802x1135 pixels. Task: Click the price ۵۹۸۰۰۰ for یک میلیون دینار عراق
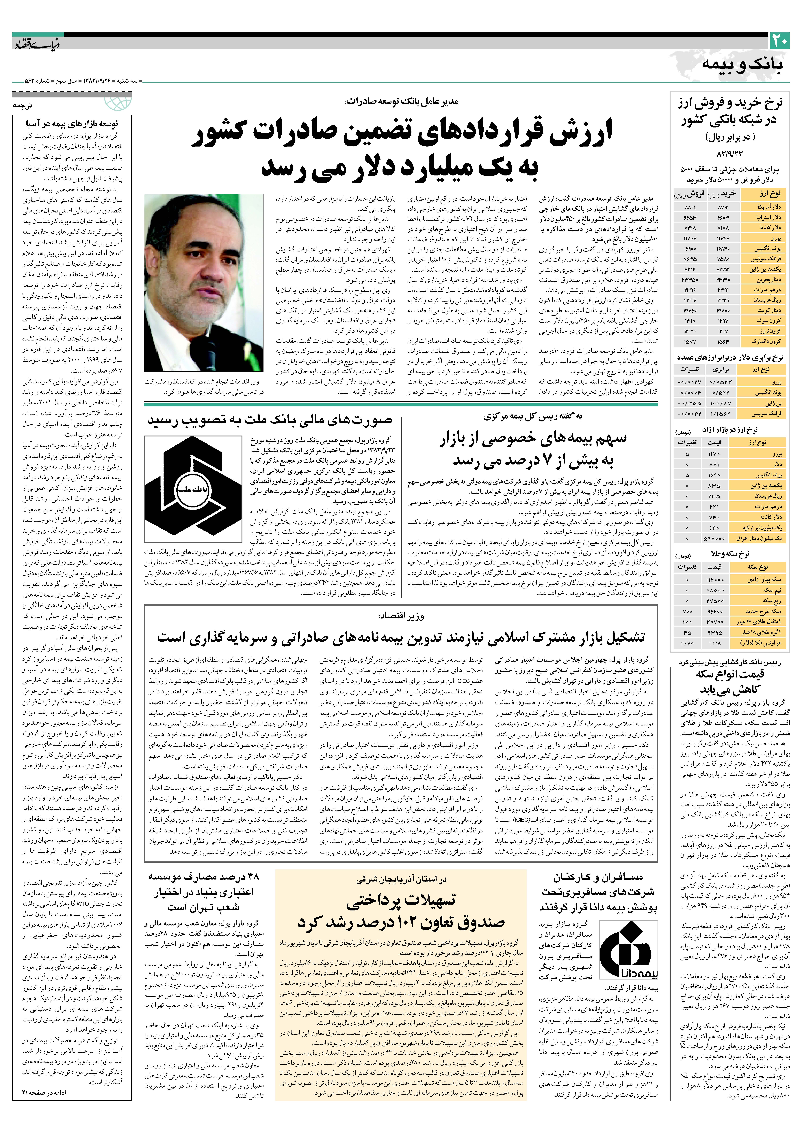[x=714, y=538]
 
